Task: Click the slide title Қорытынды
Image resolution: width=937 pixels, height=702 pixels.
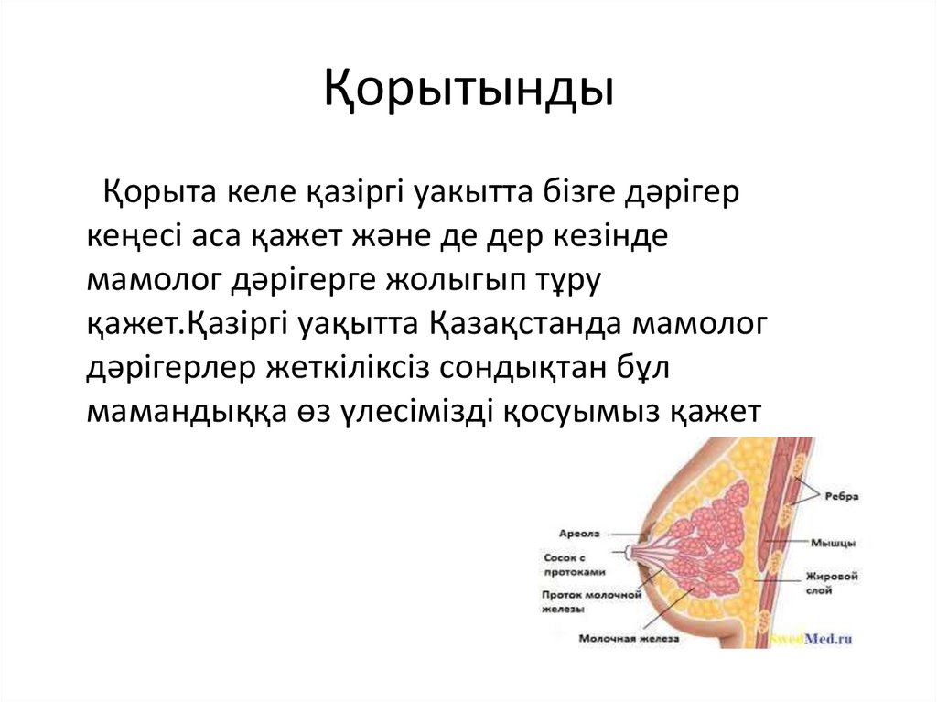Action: click(x=468, y=92)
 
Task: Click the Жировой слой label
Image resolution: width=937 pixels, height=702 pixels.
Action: click(x=830, y=585)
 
